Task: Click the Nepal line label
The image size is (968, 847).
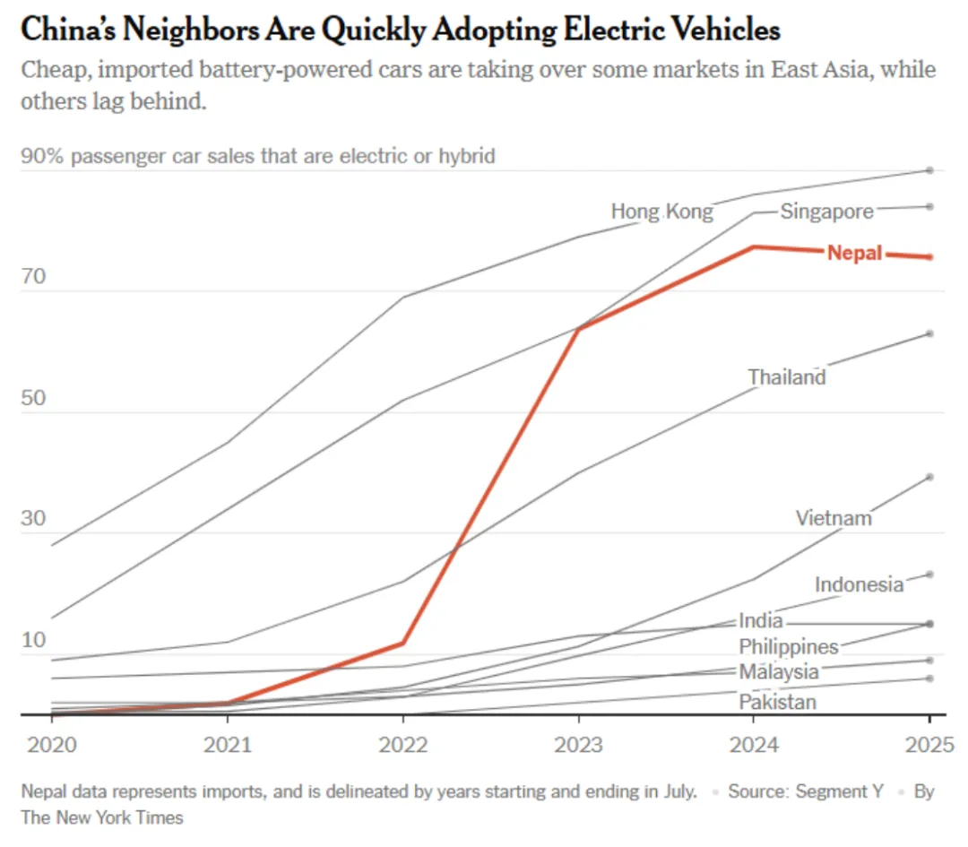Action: coord(854,253)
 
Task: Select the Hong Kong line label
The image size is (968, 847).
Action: coord(662,212)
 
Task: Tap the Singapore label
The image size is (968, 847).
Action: coord(826,212)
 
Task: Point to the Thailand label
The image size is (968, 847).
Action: coord(787,376)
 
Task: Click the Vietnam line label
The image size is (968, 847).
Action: coord(834,518)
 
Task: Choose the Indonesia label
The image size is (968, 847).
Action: coord(859,584)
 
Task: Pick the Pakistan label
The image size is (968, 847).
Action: coord(777,702)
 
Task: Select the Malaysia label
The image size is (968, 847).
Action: coord(778,671)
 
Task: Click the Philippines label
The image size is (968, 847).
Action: coord(789,646)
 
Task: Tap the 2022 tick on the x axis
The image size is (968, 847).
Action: coord(402,744)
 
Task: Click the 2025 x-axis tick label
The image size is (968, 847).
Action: coord(929,744)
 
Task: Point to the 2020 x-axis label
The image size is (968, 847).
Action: coord(51,744)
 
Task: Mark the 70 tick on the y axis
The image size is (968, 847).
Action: coord(33,276)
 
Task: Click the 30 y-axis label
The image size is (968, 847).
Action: coord(33,518)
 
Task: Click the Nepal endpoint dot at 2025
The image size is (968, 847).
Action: coord(929,257)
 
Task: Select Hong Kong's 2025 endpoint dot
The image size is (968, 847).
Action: coord(929,170)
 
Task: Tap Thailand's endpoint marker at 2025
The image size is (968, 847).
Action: coord(929,333)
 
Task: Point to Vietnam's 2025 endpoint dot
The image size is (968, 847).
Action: coord(929,477)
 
